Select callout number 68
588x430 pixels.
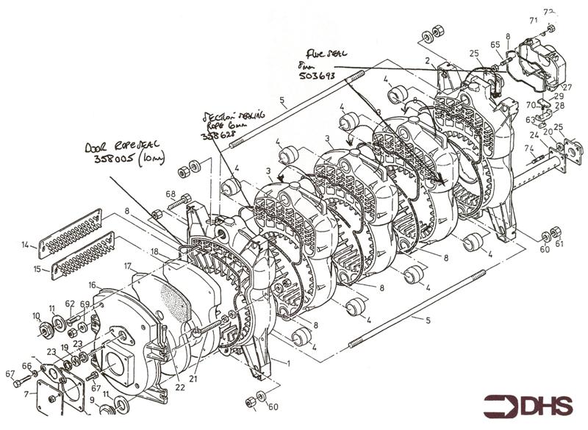[171, 195]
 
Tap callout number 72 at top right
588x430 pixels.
[548, 12]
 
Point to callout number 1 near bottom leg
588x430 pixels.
[288, 363]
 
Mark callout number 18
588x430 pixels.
[154, 252]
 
